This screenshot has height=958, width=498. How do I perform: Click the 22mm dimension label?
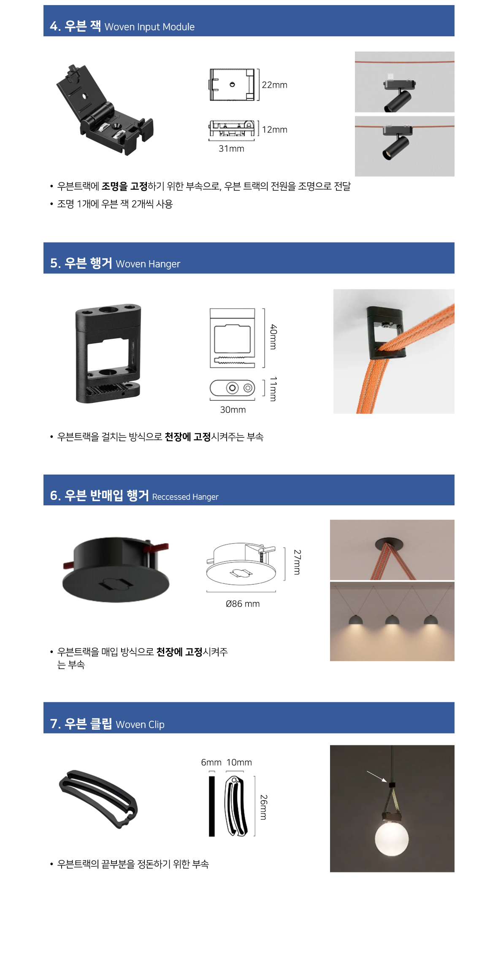coord(274,85)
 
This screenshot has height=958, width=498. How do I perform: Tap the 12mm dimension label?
coord(274,130)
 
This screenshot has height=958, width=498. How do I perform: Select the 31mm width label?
coord(231,148)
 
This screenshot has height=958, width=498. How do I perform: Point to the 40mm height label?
coord(273,337)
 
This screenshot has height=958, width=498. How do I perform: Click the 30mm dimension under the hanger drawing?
coord(233,410)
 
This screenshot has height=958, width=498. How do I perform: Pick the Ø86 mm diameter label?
coord(243,604)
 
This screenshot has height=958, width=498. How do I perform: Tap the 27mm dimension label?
coord(297,562)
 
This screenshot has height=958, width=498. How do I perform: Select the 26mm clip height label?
coord(263,807)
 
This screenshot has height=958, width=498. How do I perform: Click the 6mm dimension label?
coord(211,762)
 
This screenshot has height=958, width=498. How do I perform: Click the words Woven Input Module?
coord(149,27)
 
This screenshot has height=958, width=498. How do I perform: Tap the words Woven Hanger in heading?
coord(148,264)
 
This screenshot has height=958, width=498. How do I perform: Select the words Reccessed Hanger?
coord(185,497)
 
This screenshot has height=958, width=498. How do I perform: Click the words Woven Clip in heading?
coord(140,724)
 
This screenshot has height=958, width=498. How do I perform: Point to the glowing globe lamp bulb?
coord(392,838)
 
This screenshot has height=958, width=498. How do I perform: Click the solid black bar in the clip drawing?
coord(212,806)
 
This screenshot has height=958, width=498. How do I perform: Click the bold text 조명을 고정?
coord(124,186)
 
